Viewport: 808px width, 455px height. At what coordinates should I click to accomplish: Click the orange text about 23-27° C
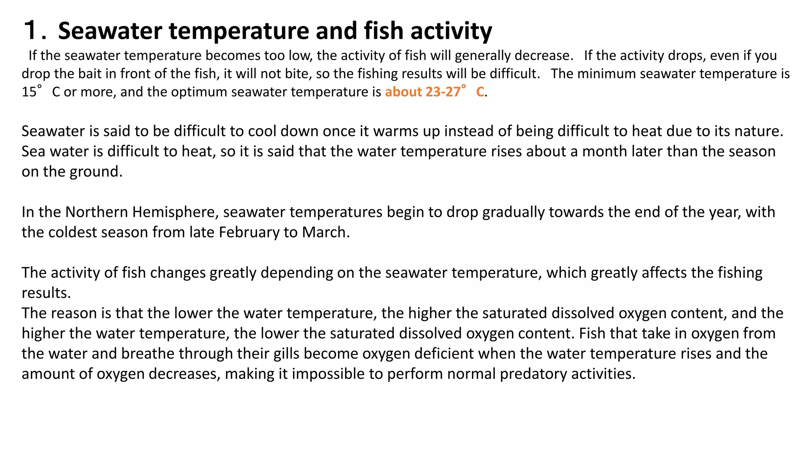434,92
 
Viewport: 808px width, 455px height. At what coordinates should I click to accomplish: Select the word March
325,233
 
